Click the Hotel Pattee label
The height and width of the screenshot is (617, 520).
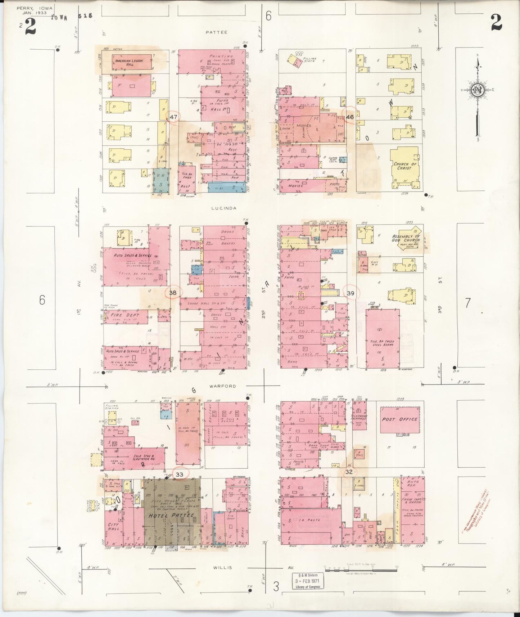171,515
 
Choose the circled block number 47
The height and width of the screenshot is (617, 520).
173,117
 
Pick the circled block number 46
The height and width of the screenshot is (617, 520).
350,117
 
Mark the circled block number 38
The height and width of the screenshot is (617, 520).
173,293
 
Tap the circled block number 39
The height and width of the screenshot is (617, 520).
351,293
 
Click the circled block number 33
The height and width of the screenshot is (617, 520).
180,474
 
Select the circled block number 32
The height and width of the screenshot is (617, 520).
349,472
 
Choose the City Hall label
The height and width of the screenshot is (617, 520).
113,527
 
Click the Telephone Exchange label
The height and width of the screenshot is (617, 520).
358,418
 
